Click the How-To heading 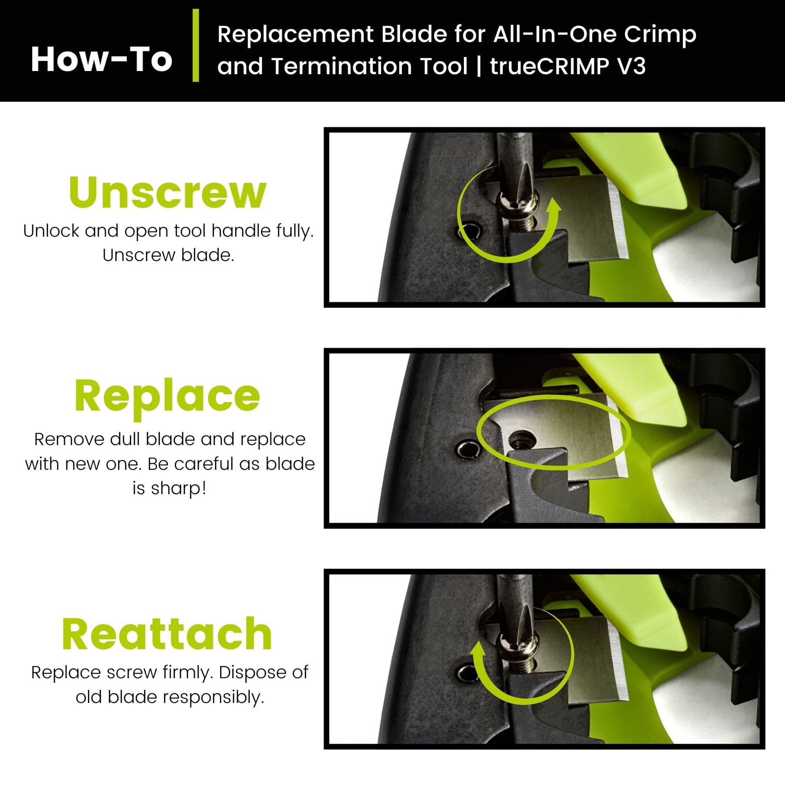pyautogui.click(x=102, y=60)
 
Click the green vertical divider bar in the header pyautogui.click(x=196, y=46)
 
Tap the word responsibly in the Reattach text pyautogui.click(x=214, y=697)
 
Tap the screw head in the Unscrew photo pyautogui.click(x=518, y=207)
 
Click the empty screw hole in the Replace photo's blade pyautogui.click(x=522, y=441)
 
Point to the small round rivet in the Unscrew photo pyautogui.click(x=469, y=232)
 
